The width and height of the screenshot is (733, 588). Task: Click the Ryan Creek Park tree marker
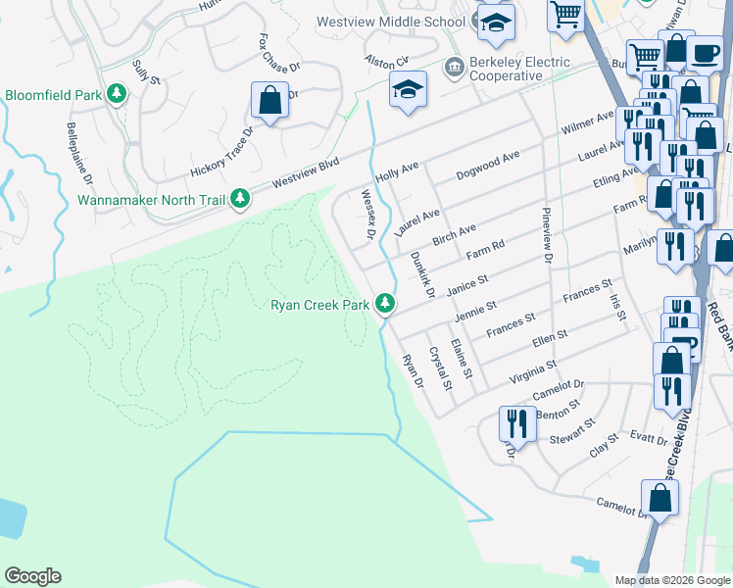pos(386,304)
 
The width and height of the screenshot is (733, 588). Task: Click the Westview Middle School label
pos(391,22)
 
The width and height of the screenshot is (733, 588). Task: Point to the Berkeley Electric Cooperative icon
pos(454,68)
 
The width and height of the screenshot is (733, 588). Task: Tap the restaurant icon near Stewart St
pos(517,423)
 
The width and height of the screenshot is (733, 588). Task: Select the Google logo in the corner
pos(32,576)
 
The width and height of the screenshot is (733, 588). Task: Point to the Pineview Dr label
pos(547,235)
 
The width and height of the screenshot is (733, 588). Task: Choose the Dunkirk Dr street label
pos(422,274)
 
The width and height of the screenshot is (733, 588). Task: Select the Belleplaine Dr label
pos(79,155)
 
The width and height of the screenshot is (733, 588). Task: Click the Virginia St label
pos(533,370)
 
